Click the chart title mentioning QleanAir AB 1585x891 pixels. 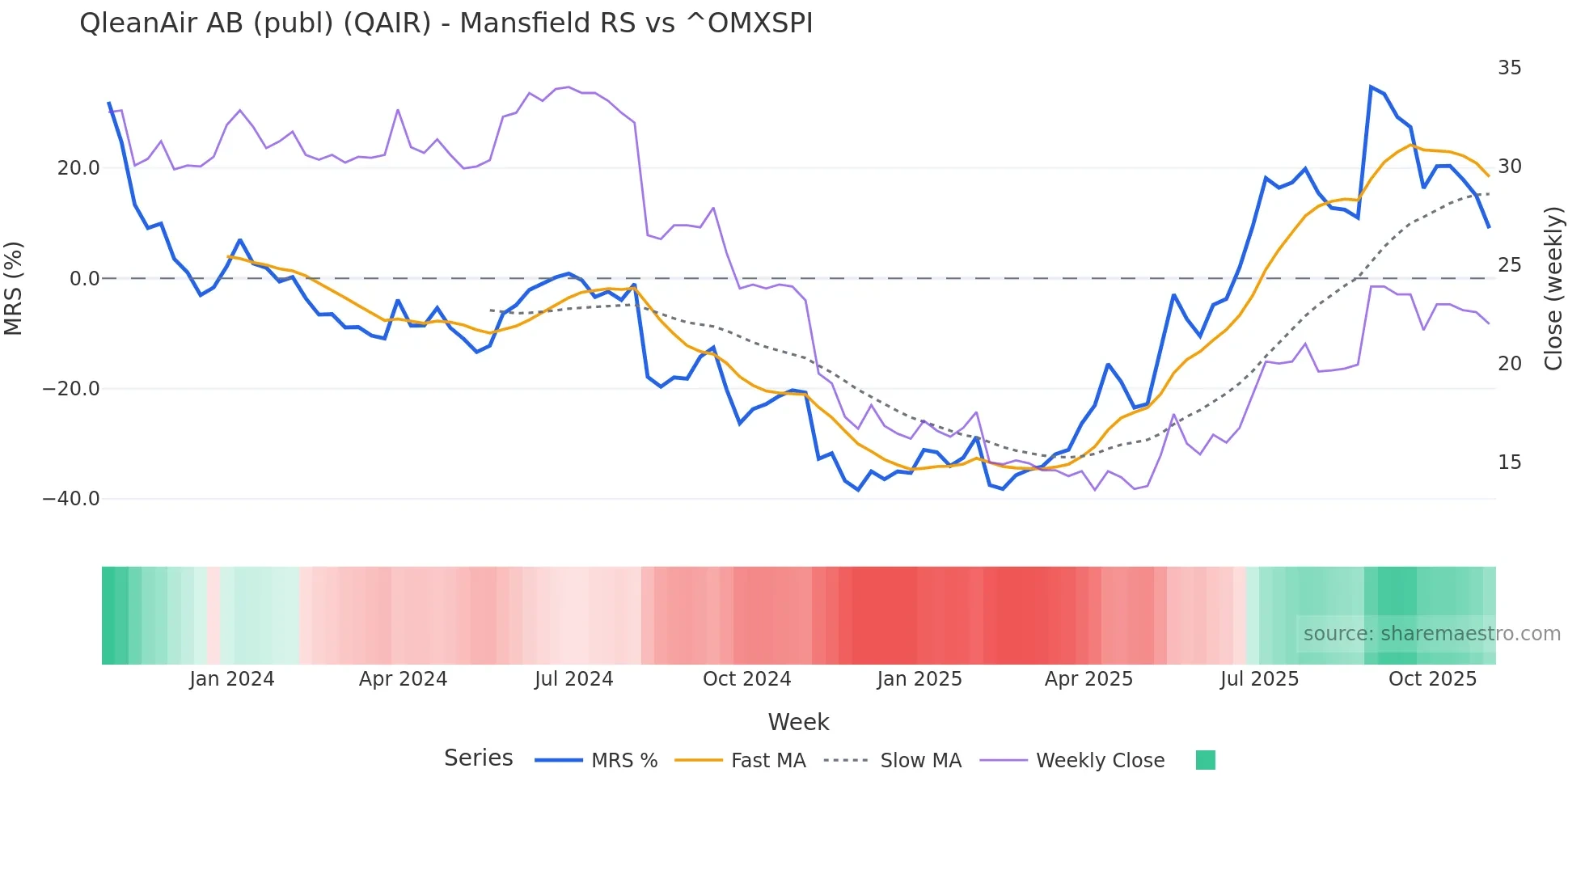(446, 23)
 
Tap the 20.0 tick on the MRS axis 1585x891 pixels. (78, 168)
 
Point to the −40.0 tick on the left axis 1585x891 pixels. (71, 499)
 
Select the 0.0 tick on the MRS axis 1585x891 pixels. (84, 279)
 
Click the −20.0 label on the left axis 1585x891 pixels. (71, 389)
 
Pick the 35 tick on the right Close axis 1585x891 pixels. (1509, 68)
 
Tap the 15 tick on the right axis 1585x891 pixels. (1509, 462)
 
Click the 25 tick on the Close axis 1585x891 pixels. (1509, 265)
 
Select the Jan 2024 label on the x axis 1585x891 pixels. (232, 679)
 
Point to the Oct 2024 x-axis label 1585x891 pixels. (746, 679)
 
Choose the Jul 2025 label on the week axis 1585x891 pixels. (1259, 679)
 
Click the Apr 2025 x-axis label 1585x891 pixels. (1088, 679)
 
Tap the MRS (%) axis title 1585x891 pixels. (14, 289)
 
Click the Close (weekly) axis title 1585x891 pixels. (1553, 289)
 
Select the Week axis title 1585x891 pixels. (798, 722)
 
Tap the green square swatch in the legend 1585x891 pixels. (1205, 760)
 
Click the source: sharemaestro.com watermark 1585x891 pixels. (1431, 634)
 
